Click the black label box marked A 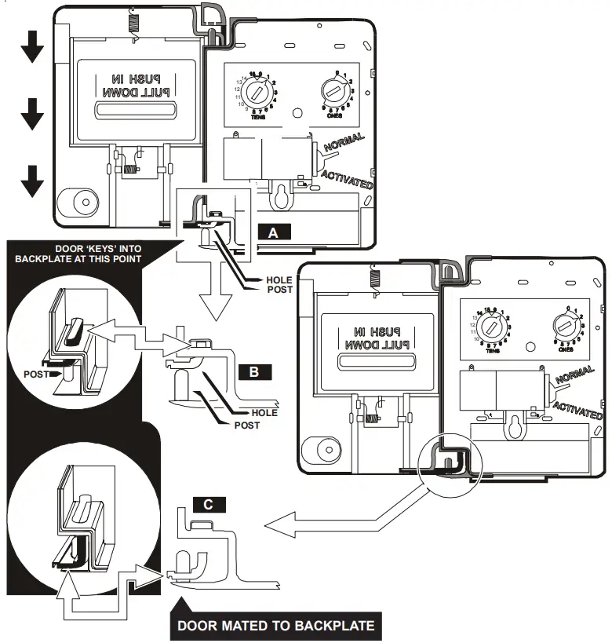pos(272,232)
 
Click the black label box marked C pos(206,505)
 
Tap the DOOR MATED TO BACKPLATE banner pos(275,626)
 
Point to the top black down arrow pos(32,49)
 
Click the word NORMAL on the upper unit pos(344,146)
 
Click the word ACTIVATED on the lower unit pos(577,410)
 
